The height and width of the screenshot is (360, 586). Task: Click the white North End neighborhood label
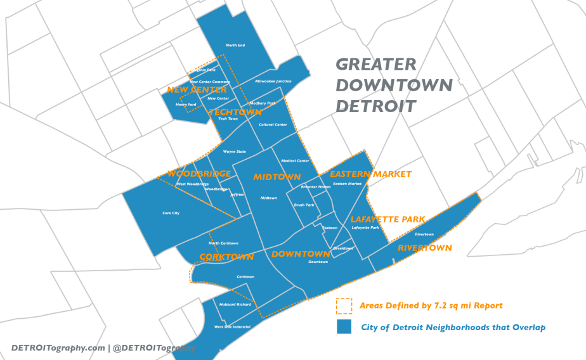click(x=235, y=45)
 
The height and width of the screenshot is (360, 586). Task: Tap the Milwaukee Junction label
click(x=273, y=82)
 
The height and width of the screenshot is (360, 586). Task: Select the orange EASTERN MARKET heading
click(x=370, y=174)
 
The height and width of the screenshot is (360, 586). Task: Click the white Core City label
click(x=171, y=213)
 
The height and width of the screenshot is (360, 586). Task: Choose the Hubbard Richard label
click(x=235, y=304)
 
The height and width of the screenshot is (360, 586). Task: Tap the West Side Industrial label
click(x=232, y=326)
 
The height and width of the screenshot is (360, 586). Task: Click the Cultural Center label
click(x=273, y=125)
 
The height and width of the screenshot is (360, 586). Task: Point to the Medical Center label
click(x=295, y=161)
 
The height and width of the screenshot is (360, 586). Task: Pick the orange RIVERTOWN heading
click(x=424, y=248)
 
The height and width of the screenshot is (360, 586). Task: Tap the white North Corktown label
click(x=223, y=243)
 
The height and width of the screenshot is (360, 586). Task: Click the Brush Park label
click(x=304, y=205)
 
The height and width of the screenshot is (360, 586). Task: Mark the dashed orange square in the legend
click(x=344, y=306)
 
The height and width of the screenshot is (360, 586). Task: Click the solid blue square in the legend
click(x=344, y=327)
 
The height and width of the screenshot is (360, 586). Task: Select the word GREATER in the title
click(x=375, y=65)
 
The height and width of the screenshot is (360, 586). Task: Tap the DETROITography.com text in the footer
click(x=58, y=348)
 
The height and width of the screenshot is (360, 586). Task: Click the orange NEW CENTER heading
click(x=197, y=90)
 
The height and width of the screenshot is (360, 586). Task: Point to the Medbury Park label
click(x=263, y=103)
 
